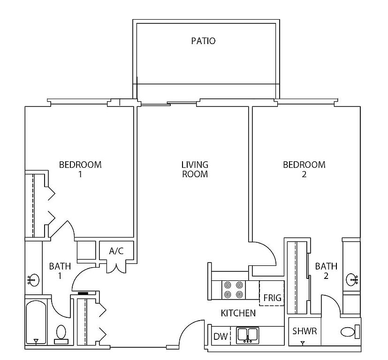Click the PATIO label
click(203, 41)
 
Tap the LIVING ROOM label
click(195, 169)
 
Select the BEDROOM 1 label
click(80, 169)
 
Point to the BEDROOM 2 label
click(304, 169)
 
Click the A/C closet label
click(116, 251)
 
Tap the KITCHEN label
click(238, 313)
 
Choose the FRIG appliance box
click(272, 293)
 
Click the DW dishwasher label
click(221, 336)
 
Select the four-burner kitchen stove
click(233, 290)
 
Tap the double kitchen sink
click(247, 335)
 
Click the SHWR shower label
click(304, 331)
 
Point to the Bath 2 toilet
click(350, 332)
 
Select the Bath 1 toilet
click(61, 334)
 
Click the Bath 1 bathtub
click(36, 322)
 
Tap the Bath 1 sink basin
click(33, 280)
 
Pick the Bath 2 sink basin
click(352, 279)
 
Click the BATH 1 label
click(60, 271)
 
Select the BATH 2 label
click(326, 271)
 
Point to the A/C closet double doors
click(116, 268)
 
